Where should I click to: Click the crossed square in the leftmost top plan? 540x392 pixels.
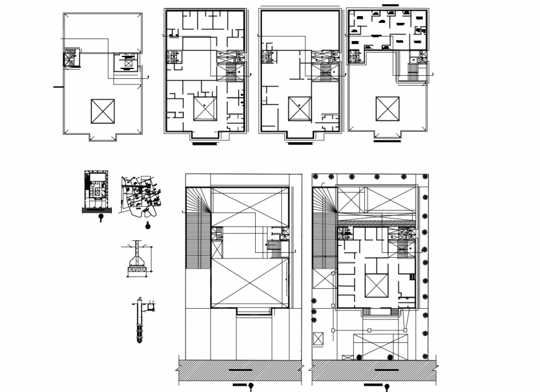point(103,112)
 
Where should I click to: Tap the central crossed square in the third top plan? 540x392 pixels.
point(299,109)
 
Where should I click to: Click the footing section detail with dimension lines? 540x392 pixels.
point(137,260)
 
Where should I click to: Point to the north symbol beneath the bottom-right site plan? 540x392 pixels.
point(388,388)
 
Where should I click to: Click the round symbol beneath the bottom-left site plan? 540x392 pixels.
point(251,388)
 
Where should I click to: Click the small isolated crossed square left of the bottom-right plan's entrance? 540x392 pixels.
point(318,339)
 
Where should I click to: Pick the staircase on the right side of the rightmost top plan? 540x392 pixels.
point(412,72)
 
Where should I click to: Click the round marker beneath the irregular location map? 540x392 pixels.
point(147,226)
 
